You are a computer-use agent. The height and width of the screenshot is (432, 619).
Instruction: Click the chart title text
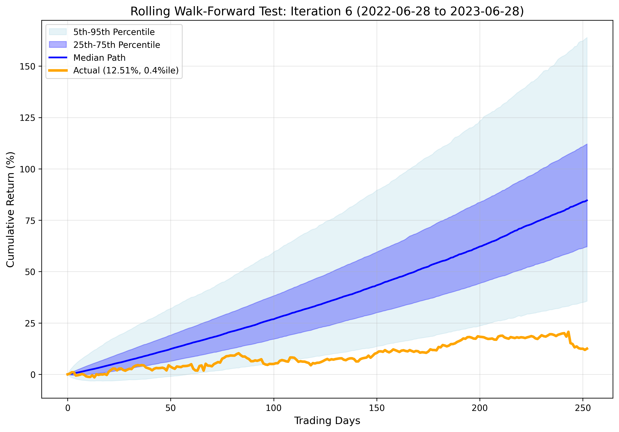[x=327, y=12]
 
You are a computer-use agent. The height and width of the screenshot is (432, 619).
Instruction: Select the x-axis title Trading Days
[x=327, y=420]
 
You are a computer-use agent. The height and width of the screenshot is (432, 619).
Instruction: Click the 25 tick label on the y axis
[x=30, y=323]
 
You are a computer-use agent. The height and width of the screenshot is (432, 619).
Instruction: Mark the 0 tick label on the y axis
[x=33, y=375]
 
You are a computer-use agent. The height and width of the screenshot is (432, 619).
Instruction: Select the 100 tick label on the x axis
[x=273, y=408]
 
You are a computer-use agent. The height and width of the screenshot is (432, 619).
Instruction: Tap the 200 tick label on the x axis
[x=480, y=408]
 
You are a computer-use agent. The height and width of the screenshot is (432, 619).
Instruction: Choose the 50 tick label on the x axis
[x=170, y=408]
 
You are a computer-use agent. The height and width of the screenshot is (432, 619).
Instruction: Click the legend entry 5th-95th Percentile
[x=114, y=32]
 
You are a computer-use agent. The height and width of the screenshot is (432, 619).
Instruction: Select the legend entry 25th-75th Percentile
[x=117, y=45]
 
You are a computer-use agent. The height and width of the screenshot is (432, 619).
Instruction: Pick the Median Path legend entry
[x=99, y=58]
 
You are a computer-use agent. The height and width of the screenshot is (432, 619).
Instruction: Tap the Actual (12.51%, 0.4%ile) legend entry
[x=126, y=71]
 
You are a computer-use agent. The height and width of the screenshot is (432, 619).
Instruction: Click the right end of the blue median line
[x=587, y=200]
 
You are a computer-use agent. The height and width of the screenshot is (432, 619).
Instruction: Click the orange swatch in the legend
[x=58, y=71]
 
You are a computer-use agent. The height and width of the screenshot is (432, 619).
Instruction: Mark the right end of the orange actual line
[x=587, y=348]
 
